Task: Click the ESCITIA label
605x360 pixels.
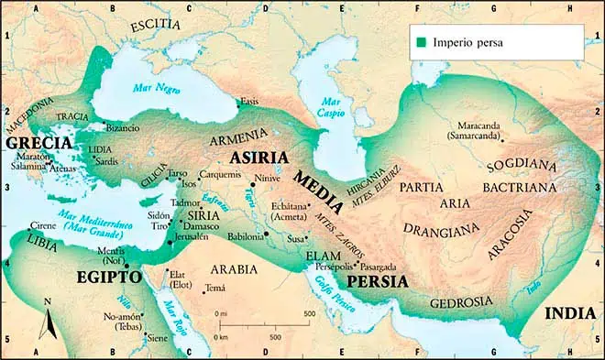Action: pyautogui.click(x=156, y=27)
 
